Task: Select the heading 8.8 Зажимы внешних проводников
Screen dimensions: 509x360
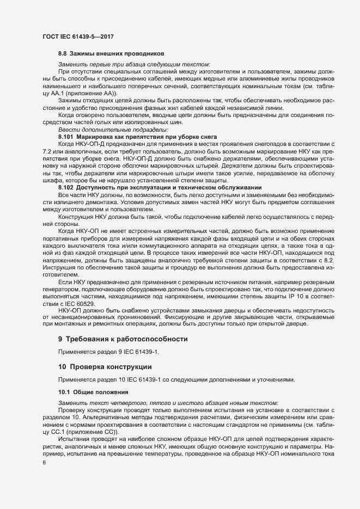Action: tap(107, 54)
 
